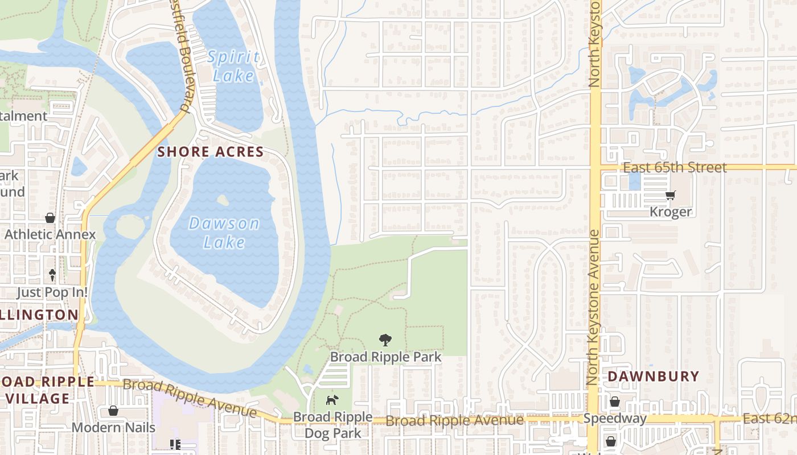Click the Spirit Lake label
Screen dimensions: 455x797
(233, 66)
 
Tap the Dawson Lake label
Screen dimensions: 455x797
(224, 232)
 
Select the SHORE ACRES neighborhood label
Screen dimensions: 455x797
(211, 152)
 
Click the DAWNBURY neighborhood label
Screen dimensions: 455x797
(653, 377)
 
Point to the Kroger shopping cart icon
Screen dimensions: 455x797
(671, 196)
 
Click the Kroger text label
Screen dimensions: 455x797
(671, 212)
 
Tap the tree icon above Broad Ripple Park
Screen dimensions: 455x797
(385, 340)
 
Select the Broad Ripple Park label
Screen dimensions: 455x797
(385, 357)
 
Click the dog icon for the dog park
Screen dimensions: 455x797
(331, 400)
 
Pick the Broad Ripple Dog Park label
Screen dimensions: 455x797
(332, 425)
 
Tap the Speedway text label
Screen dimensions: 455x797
(615, 419)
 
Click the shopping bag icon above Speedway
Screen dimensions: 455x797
(615, 402)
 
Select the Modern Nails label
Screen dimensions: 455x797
(113, 427)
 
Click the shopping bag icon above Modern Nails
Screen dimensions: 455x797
(113, 411)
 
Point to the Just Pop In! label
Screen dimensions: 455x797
(51, 292)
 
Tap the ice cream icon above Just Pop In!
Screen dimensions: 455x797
(52, 275)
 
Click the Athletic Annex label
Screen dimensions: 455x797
(50, 234)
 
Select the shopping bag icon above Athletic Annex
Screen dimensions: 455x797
(50, 218)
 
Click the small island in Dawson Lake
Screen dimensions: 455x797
(223, 200)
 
